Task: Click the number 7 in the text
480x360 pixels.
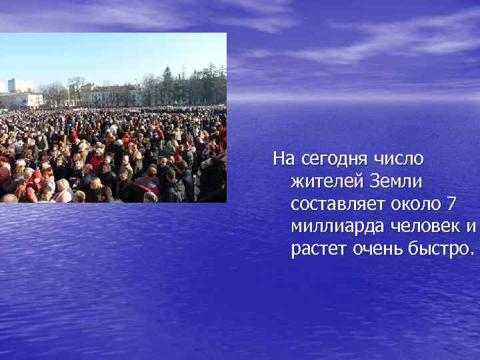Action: coord(453,203)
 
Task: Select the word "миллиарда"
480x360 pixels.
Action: coord(331,227)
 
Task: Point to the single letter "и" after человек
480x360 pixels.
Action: coord(471,227)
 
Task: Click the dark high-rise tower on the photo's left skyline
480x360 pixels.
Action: coord(11,85)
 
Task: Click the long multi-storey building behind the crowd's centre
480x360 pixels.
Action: coord(107,95)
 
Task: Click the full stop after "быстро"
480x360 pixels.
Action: coord(472,254)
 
